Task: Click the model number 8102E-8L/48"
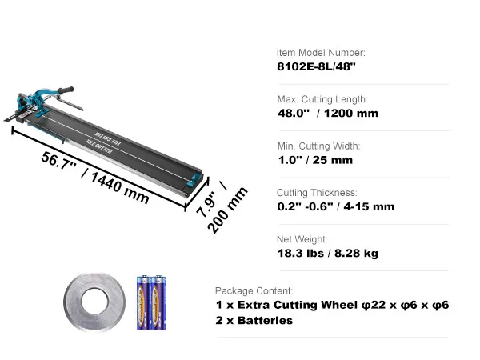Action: point(316,66)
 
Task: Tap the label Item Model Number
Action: point(321,53)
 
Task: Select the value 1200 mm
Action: point(351,114)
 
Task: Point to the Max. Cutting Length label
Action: point(322,99)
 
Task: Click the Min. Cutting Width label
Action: point(318,146)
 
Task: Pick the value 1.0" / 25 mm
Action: point(315,160)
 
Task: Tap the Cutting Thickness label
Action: point(317,193)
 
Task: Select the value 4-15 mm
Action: point(369,206)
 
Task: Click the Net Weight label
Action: point(302,239)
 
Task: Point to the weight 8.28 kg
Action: point(356,254)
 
